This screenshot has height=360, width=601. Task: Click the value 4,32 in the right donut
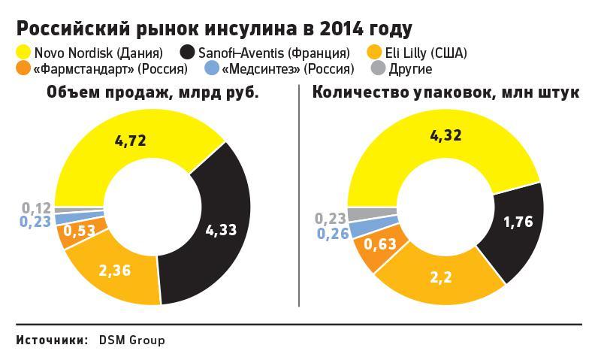click(x=445, y=136)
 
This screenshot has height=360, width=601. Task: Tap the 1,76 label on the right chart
click(x=518, y=222)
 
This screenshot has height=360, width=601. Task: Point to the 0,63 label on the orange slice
click(x=380, y=245)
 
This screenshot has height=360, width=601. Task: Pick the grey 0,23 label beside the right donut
click(x=331, y=218)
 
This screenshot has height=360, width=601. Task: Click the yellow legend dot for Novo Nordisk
click(x=23, y=53)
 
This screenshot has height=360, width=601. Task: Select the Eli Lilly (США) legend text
click(x=427, y=53)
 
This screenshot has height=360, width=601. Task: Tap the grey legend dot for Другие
click(x=379, y=69)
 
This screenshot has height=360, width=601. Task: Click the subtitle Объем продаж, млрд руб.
click(x=152, y=93)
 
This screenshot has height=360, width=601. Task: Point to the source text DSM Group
click(x=131, y=340)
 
